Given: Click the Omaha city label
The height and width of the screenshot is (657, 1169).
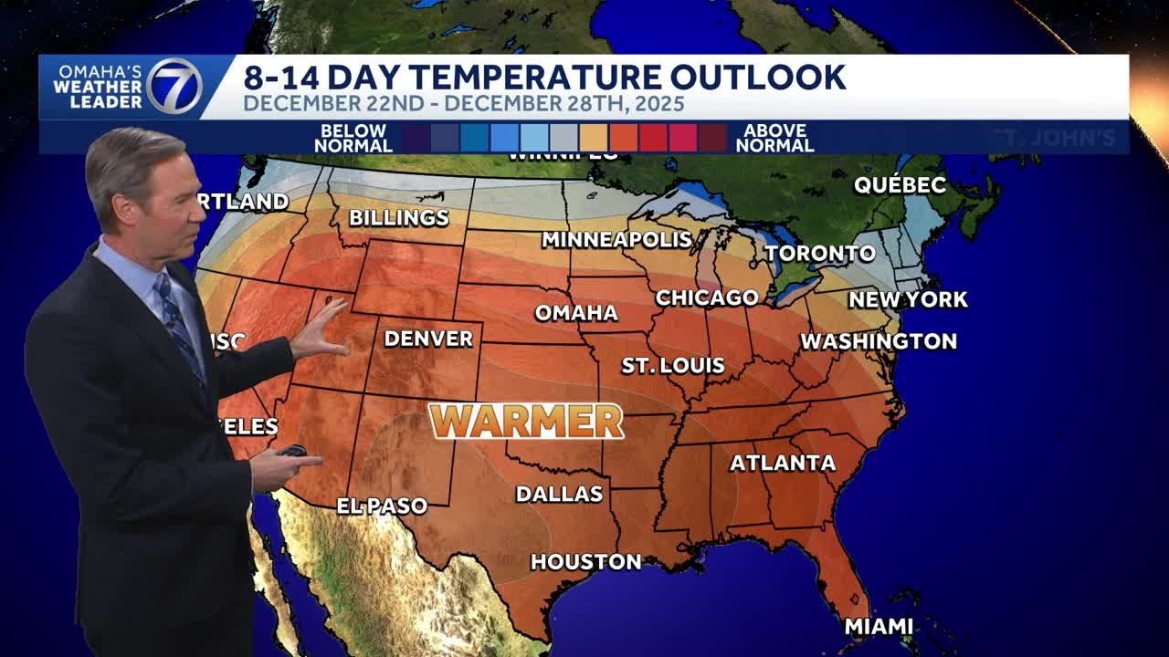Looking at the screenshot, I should [576, 313].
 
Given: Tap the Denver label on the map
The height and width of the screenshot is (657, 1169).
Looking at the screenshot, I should [428, 339].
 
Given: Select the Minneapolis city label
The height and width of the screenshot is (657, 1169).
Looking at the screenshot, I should [616, 239].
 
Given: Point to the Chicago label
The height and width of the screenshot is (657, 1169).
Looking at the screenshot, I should [707, 297].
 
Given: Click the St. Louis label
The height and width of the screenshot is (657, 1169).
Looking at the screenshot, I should [673, 366].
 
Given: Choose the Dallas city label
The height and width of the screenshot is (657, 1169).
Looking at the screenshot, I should [559, 494].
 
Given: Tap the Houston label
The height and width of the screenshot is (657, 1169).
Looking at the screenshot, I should [585, 561].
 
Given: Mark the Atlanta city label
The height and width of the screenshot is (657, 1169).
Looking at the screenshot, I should [783, 463].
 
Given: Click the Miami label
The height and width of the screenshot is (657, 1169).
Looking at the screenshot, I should [879, 626].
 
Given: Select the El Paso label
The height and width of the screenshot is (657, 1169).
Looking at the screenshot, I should [382, 506].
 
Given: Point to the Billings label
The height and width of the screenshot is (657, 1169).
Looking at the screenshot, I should [399, 217].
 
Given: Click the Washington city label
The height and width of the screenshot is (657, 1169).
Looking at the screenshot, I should [879, 341].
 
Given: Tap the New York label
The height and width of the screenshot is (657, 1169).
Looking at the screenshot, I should [908, 299].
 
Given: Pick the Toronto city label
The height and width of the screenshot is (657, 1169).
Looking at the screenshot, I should [820, 253].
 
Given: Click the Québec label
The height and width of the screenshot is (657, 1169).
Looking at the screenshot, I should [900, 184].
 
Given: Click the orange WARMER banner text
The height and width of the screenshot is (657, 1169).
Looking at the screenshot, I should [527, 421].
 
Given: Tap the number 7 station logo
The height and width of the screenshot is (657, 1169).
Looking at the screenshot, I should [174, 87].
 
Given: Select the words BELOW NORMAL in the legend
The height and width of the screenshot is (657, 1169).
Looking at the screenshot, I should [353, 138].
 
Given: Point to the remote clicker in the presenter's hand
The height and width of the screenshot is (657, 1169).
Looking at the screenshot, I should [293, 451].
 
